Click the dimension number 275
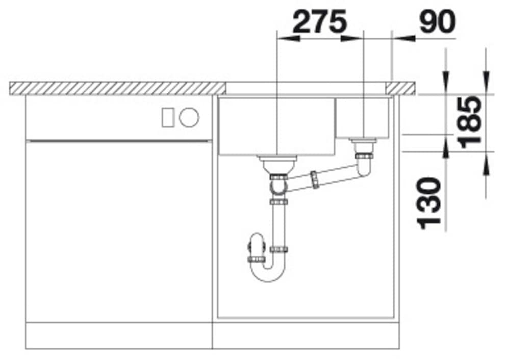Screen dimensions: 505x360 click(320, 21)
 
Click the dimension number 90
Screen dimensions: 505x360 click(438, 21)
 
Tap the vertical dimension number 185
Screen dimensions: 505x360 click(471, 122)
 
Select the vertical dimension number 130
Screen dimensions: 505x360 click(429, 203)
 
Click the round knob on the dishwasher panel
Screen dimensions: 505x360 click(189, 117)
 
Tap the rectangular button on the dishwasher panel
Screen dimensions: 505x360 click(168, 117)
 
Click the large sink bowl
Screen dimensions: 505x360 click(277, 126)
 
